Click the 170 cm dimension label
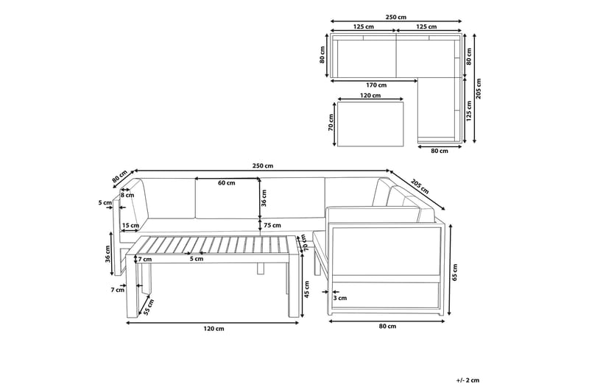(x=375, y=85)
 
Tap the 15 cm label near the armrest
(x=130, y=226)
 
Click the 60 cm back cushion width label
(x=227, y=183)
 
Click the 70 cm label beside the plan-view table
(x=331, y=123)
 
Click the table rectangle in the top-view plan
(x=372, y=123)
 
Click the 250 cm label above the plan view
(x=396, y=17)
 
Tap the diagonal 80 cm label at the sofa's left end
(x=120, y=177)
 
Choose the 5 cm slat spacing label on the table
(x=196, y=259)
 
